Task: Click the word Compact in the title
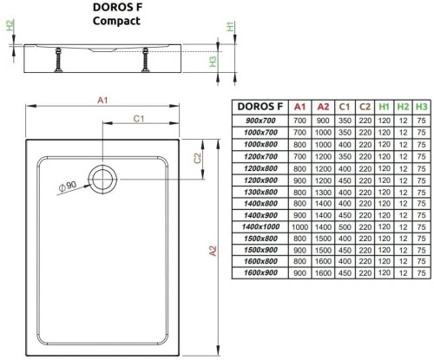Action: [116, 22]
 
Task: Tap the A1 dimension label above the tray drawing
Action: [102, 101]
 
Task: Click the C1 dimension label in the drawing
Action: [137, 118]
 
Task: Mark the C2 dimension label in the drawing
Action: [198, 158]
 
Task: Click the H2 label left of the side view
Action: [10, 27]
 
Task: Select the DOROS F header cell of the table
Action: [260, 106]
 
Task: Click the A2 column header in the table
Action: [322, 106]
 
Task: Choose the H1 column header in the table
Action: [384, 106]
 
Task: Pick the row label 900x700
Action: [260, 119]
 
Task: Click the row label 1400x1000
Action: [260, 226]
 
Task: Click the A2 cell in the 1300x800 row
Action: [322, 191]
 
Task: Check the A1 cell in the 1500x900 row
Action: [300, 250]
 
